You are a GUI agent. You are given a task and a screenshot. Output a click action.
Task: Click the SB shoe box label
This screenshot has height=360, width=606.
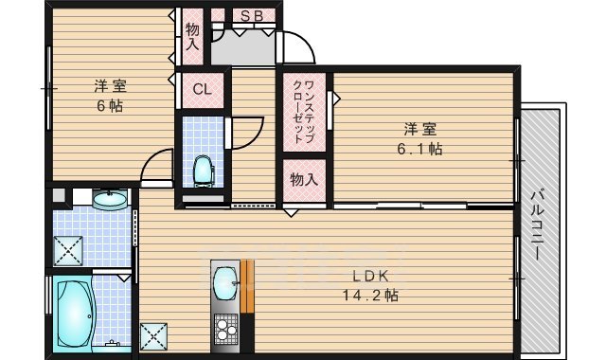(x=252, y=15)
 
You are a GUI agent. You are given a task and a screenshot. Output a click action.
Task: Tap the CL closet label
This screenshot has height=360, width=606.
(x=202, y=90)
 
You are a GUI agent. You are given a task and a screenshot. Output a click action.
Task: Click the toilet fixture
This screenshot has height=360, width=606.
(x=203, y=171)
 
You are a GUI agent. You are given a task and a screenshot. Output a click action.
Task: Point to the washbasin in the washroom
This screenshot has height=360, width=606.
(x=112, y=199)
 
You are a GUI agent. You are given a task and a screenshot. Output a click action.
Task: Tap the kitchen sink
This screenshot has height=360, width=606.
(x=225, y=281)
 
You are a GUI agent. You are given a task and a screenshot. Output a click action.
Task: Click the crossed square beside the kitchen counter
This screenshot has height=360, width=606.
(x=152, y=336)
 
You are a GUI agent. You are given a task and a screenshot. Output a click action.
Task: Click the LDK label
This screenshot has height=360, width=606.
(x=371, y=277)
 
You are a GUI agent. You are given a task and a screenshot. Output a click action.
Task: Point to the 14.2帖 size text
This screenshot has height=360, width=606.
(x=371, y=296)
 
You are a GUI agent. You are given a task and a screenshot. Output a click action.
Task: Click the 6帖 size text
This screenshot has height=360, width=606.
(x=108, y=106)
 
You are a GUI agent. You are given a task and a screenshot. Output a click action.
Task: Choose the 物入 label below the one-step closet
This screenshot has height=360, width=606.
(x=303, y=179)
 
